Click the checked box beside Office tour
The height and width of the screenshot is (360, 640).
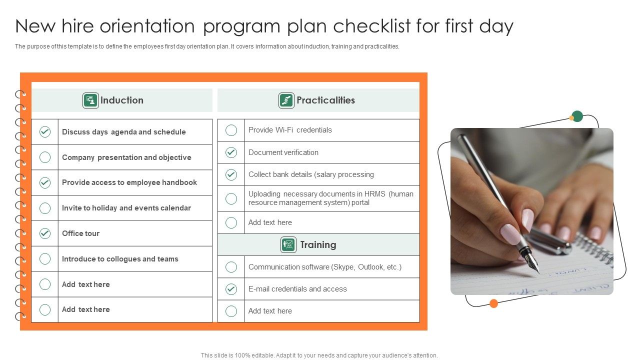coord(45,233)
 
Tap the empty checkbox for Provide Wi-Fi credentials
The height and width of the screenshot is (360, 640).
coord(231,130)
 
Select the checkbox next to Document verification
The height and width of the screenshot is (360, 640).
coord(231,152)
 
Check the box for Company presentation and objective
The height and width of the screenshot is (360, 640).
coord(45,157)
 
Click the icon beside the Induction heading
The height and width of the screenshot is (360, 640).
coord(90,100)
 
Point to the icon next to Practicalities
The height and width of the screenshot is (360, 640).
coord(286,100)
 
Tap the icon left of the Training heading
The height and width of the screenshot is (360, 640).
coord(288,244)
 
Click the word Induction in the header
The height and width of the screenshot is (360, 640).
coord(122,100)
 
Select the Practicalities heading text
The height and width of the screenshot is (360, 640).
coord(325,100)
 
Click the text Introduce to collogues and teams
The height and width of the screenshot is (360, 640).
coord(120,259)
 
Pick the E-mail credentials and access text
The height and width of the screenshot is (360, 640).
coord(297,289)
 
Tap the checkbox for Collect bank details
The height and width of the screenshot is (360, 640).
coord(231,174)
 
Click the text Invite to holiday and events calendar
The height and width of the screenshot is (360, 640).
coord(126,208)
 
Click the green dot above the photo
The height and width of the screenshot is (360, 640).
coord(577,116)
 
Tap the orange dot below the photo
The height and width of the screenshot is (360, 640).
coord(493,303)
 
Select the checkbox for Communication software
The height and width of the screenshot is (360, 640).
coord(231,267)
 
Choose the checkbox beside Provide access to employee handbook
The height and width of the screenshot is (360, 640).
coord(45,182)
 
